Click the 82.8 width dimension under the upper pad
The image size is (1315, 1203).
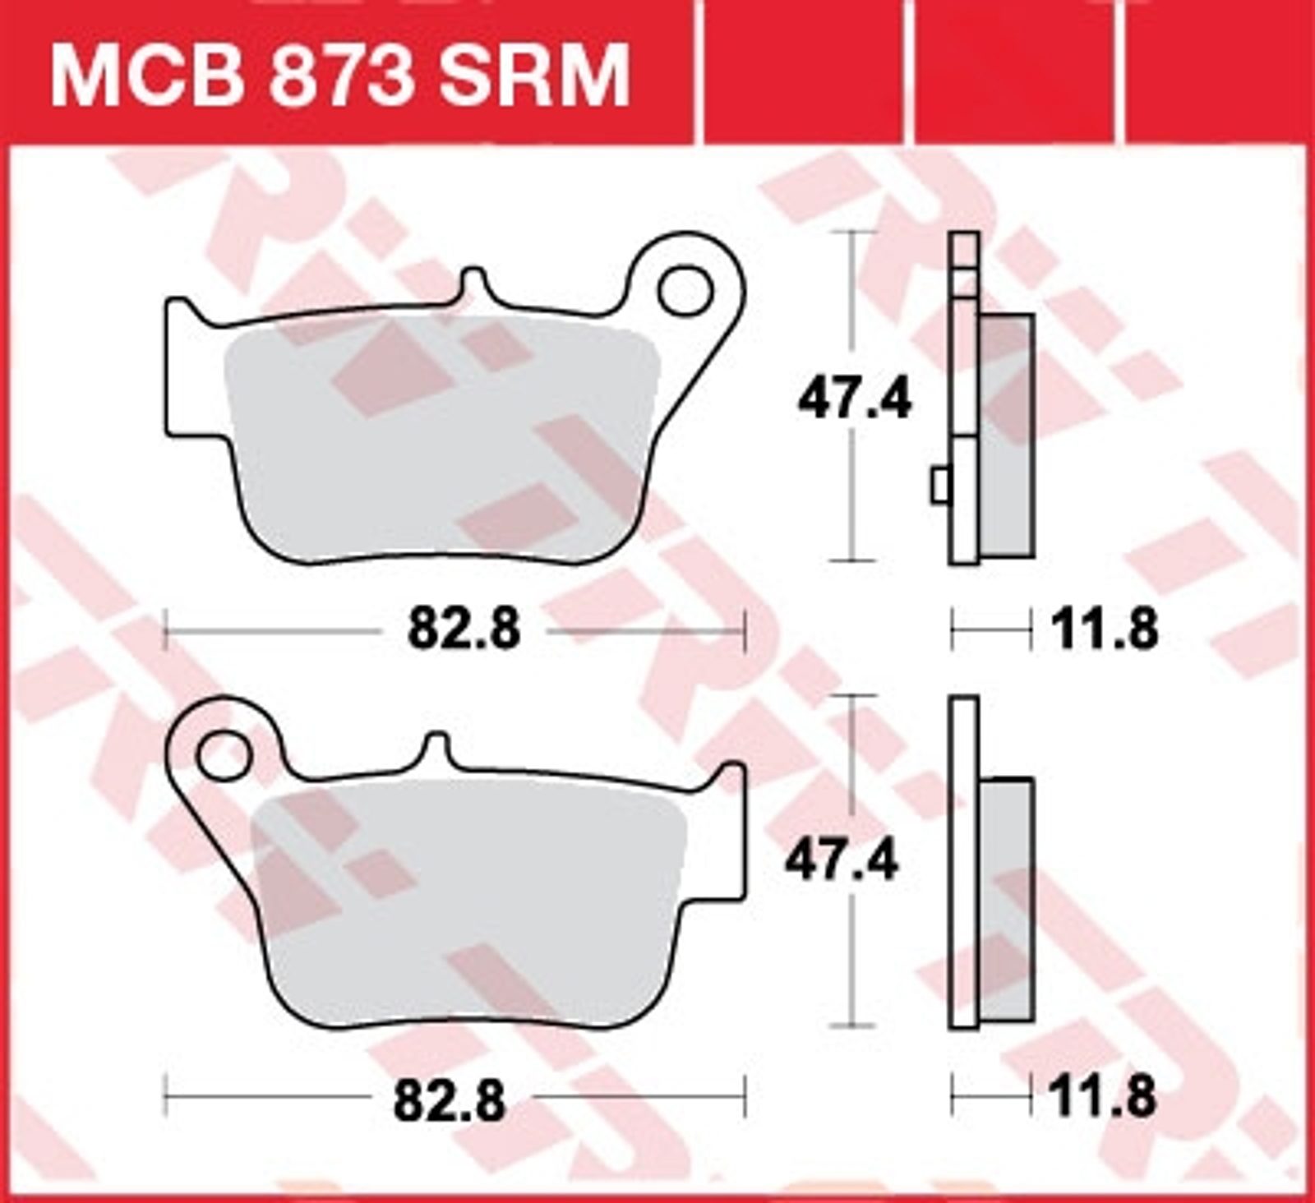coord(465,630)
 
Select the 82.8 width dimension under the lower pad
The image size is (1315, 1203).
coord(450,1098)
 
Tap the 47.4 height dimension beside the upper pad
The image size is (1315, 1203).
coord(855,402)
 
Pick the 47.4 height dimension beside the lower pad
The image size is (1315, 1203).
coord(842,860)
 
